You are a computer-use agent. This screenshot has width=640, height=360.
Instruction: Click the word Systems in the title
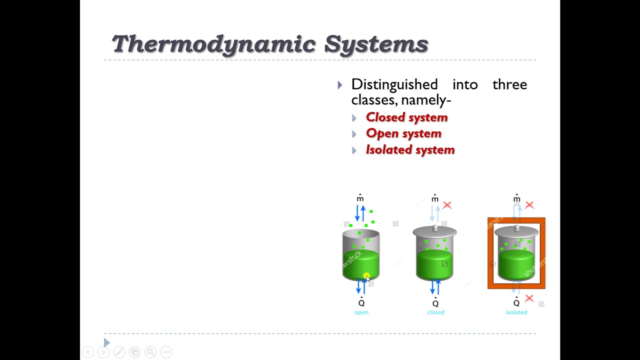(376, 44)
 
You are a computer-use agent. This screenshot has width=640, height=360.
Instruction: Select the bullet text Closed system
(406, 117)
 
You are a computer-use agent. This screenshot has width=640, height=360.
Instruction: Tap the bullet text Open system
(403, 133)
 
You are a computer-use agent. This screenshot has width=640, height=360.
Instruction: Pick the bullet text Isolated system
(410, 150)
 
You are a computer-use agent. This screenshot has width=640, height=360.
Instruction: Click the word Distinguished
(394, 84)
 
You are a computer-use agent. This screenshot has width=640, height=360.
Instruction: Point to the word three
(509, 84)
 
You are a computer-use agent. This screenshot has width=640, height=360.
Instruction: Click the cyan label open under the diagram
(361, 312)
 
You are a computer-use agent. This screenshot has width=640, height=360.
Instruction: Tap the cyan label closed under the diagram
(435, 312)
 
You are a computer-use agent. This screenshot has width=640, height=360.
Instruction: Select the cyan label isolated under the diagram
(516, 312)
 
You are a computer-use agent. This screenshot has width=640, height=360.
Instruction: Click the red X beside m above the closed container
(447, 205)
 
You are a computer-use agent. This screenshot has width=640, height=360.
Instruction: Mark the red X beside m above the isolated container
(529, 205)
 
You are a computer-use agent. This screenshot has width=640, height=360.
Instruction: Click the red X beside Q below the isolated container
(529, 298)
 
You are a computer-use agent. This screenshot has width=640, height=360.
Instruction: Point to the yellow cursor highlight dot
(366, 276)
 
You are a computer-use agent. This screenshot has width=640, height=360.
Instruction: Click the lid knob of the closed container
(434, 228)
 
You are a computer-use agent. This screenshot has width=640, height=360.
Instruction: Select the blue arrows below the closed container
(435, 286)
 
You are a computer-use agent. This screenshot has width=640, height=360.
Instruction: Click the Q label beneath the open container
(361, 302)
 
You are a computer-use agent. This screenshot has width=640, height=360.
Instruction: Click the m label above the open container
(360, 198)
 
